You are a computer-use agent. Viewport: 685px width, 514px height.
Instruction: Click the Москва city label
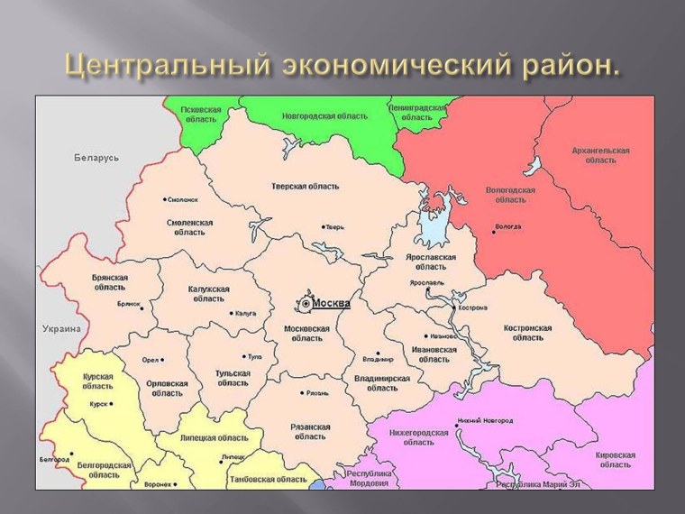point(331,303)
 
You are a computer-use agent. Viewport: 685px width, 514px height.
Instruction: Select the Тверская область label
point(306,186)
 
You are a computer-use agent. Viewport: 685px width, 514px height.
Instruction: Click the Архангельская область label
point(600,154)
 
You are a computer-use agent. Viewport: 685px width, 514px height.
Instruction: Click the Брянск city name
point(129,304)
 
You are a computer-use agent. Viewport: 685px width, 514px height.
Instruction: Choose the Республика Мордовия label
point(372,479)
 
